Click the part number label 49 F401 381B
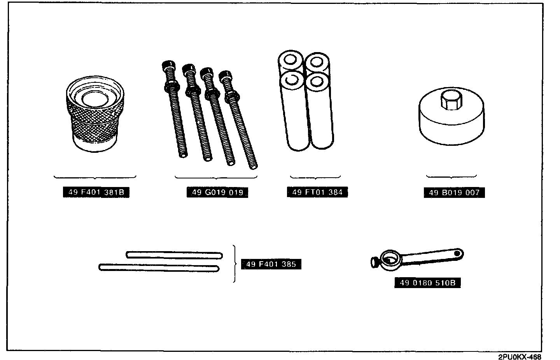(96, 192)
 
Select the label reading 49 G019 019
(217, 192)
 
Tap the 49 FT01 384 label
(317, 192)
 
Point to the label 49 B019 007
(454, 192)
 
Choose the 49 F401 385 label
(271, 264)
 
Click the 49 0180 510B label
(427, 283)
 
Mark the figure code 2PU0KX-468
(520, 357)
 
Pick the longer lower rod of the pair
(159, 267)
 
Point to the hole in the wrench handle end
(458, 253)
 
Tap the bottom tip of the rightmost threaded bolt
(254, 166)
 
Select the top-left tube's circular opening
(290, 61)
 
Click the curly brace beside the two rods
(234, 264)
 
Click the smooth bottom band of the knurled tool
(94, 143)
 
